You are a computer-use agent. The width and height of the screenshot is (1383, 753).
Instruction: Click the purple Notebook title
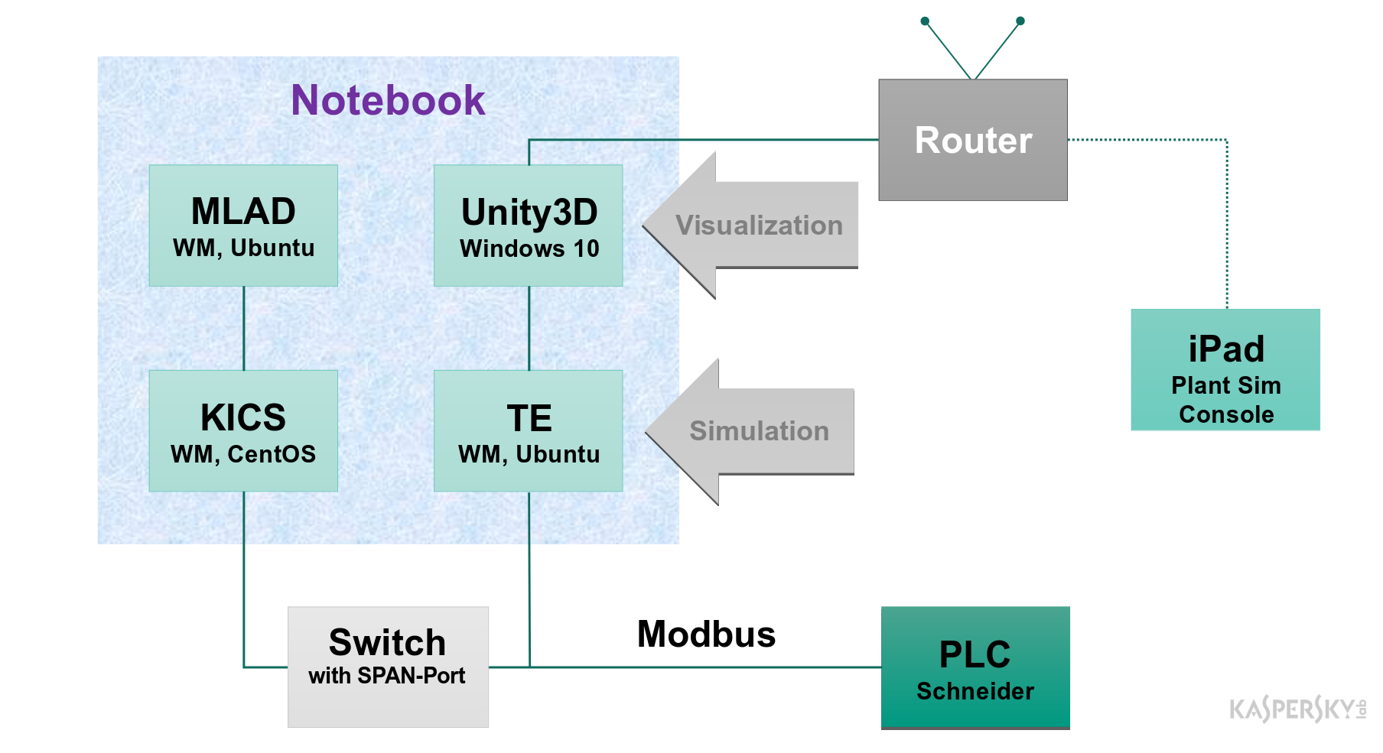click(388, 100)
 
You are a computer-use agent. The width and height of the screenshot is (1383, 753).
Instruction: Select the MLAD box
click(243, 226)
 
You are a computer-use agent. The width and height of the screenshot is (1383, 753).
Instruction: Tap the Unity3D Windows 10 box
click(529, 226)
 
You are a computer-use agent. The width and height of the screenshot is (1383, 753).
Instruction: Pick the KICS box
click(243, 431)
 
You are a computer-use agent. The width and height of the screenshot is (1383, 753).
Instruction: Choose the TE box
click(529, 431)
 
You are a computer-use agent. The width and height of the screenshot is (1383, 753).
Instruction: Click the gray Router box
click(973, 140)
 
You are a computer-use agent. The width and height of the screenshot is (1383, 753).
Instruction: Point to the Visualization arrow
click(757, 226)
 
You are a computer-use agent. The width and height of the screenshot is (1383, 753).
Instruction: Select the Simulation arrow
click(757, 431)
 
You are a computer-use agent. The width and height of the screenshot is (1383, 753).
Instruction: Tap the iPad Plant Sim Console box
click(1225, 370)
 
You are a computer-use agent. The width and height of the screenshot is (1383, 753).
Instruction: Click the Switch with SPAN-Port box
click(388, 667)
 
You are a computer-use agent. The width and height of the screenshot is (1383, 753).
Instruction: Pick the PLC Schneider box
click(975, 667)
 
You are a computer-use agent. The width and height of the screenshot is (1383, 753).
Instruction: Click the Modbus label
click(706, 635)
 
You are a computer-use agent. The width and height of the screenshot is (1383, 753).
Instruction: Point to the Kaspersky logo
click(1297, 709)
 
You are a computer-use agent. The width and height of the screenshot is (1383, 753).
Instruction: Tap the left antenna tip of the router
click(925, 21)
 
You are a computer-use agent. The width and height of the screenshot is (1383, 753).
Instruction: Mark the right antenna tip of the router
click(1020, 21)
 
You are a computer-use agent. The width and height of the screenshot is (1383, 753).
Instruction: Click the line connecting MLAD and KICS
click(244, 329)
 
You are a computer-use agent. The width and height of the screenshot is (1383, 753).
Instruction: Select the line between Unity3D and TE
click(529, 329)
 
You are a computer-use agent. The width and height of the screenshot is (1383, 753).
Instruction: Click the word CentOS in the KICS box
click(272, 454)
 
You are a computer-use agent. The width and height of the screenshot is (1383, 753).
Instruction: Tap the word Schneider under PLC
click(975, 691)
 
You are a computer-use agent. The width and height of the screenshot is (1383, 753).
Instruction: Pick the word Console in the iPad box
click(1226, 414)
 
